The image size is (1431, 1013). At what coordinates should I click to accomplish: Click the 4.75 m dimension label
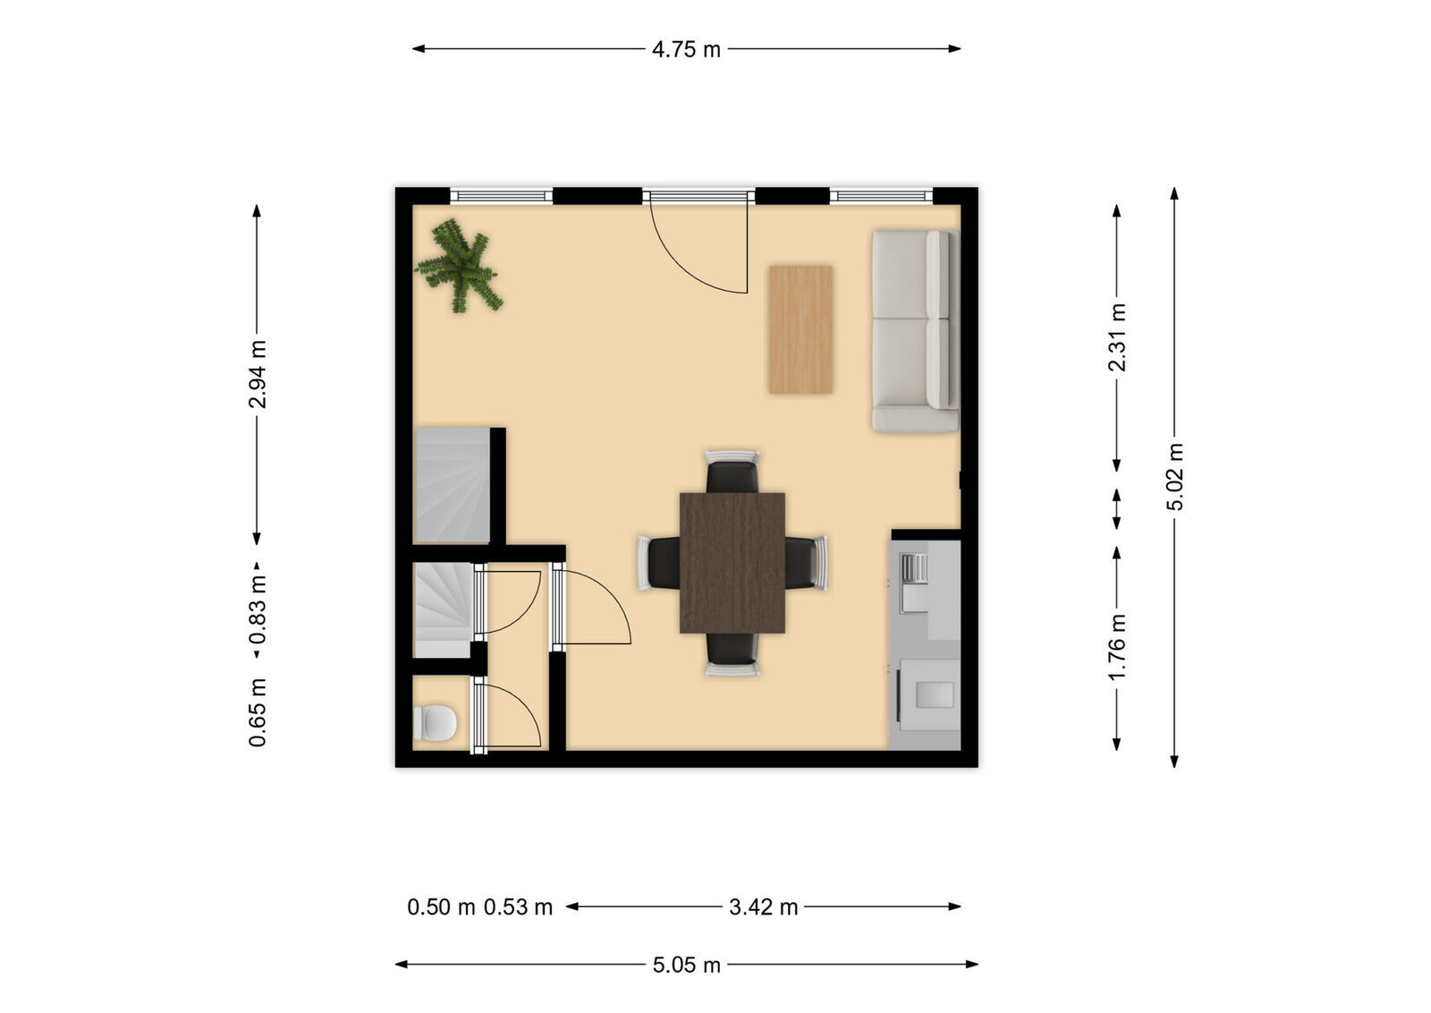pos(686,49)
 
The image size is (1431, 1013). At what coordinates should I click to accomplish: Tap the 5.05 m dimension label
pos(686,965)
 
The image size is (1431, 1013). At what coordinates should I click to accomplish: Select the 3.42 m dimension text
pos(763,907)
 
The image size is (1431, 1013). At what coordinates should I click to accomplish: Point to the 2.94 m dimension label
pos(258,373)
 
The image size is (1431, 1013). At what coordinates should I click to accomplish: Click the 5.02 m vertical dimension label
pos(1175,476)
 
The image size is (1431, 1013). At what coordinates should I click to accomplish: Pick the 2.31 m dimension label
pos(1117,337)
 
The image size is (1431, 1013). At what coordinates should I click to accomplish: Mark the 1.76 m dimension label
pos(1117,646)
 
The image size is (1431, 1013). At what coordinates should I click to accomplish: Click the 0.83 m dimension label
pos(258,609)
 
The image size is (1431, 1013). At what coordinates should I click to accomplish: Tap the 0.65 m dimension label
pos(258,712)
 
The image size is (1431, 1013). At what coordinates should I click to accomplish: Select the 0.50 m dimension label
pos(441,907)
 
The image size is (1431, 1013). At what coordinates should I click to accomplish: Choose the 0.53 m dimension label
pos(518,907)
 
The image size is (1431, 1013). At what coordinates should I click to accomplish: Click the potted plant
pos(459,266)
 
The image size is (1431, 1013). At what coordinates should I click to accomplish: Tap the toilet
pos(435,722)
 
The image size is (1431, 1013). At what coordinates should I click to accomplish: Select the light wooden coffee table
pos(800,329)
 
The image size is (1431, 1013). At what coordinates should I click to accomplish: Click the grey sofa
pos(914,332)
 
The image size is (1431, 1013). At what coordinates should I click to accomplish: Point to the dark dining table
pos(732,563)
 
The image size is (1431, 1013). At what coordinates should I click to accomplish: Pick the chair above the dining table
pos(732,472)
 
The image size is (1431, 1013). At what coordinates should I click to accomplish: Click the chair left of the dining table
pos(659,563)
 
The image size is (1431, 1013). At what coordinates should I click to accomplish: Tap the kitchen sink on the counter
pos(914,583)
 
